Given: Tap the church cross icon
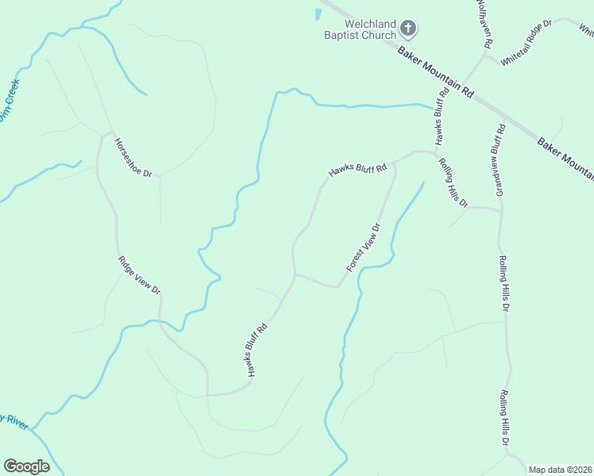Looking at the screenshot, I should [408, 29].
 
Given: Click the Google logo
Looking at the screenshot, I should [26, 466].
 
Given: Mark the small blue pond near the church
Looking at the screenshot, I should [318, 14].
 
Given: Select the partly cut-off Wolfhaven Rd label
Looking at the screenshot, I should [484, 21].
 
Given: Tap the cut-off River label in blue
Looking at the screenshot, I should [13, 420].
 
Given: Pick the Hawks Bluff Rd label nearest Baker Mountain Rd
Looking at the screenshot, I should [442, 115].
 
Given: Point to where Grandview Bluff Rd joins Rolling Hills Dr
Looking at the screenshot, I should [500, 211].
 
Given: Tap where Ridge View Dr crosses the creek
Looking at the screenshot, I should [160, 321].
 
